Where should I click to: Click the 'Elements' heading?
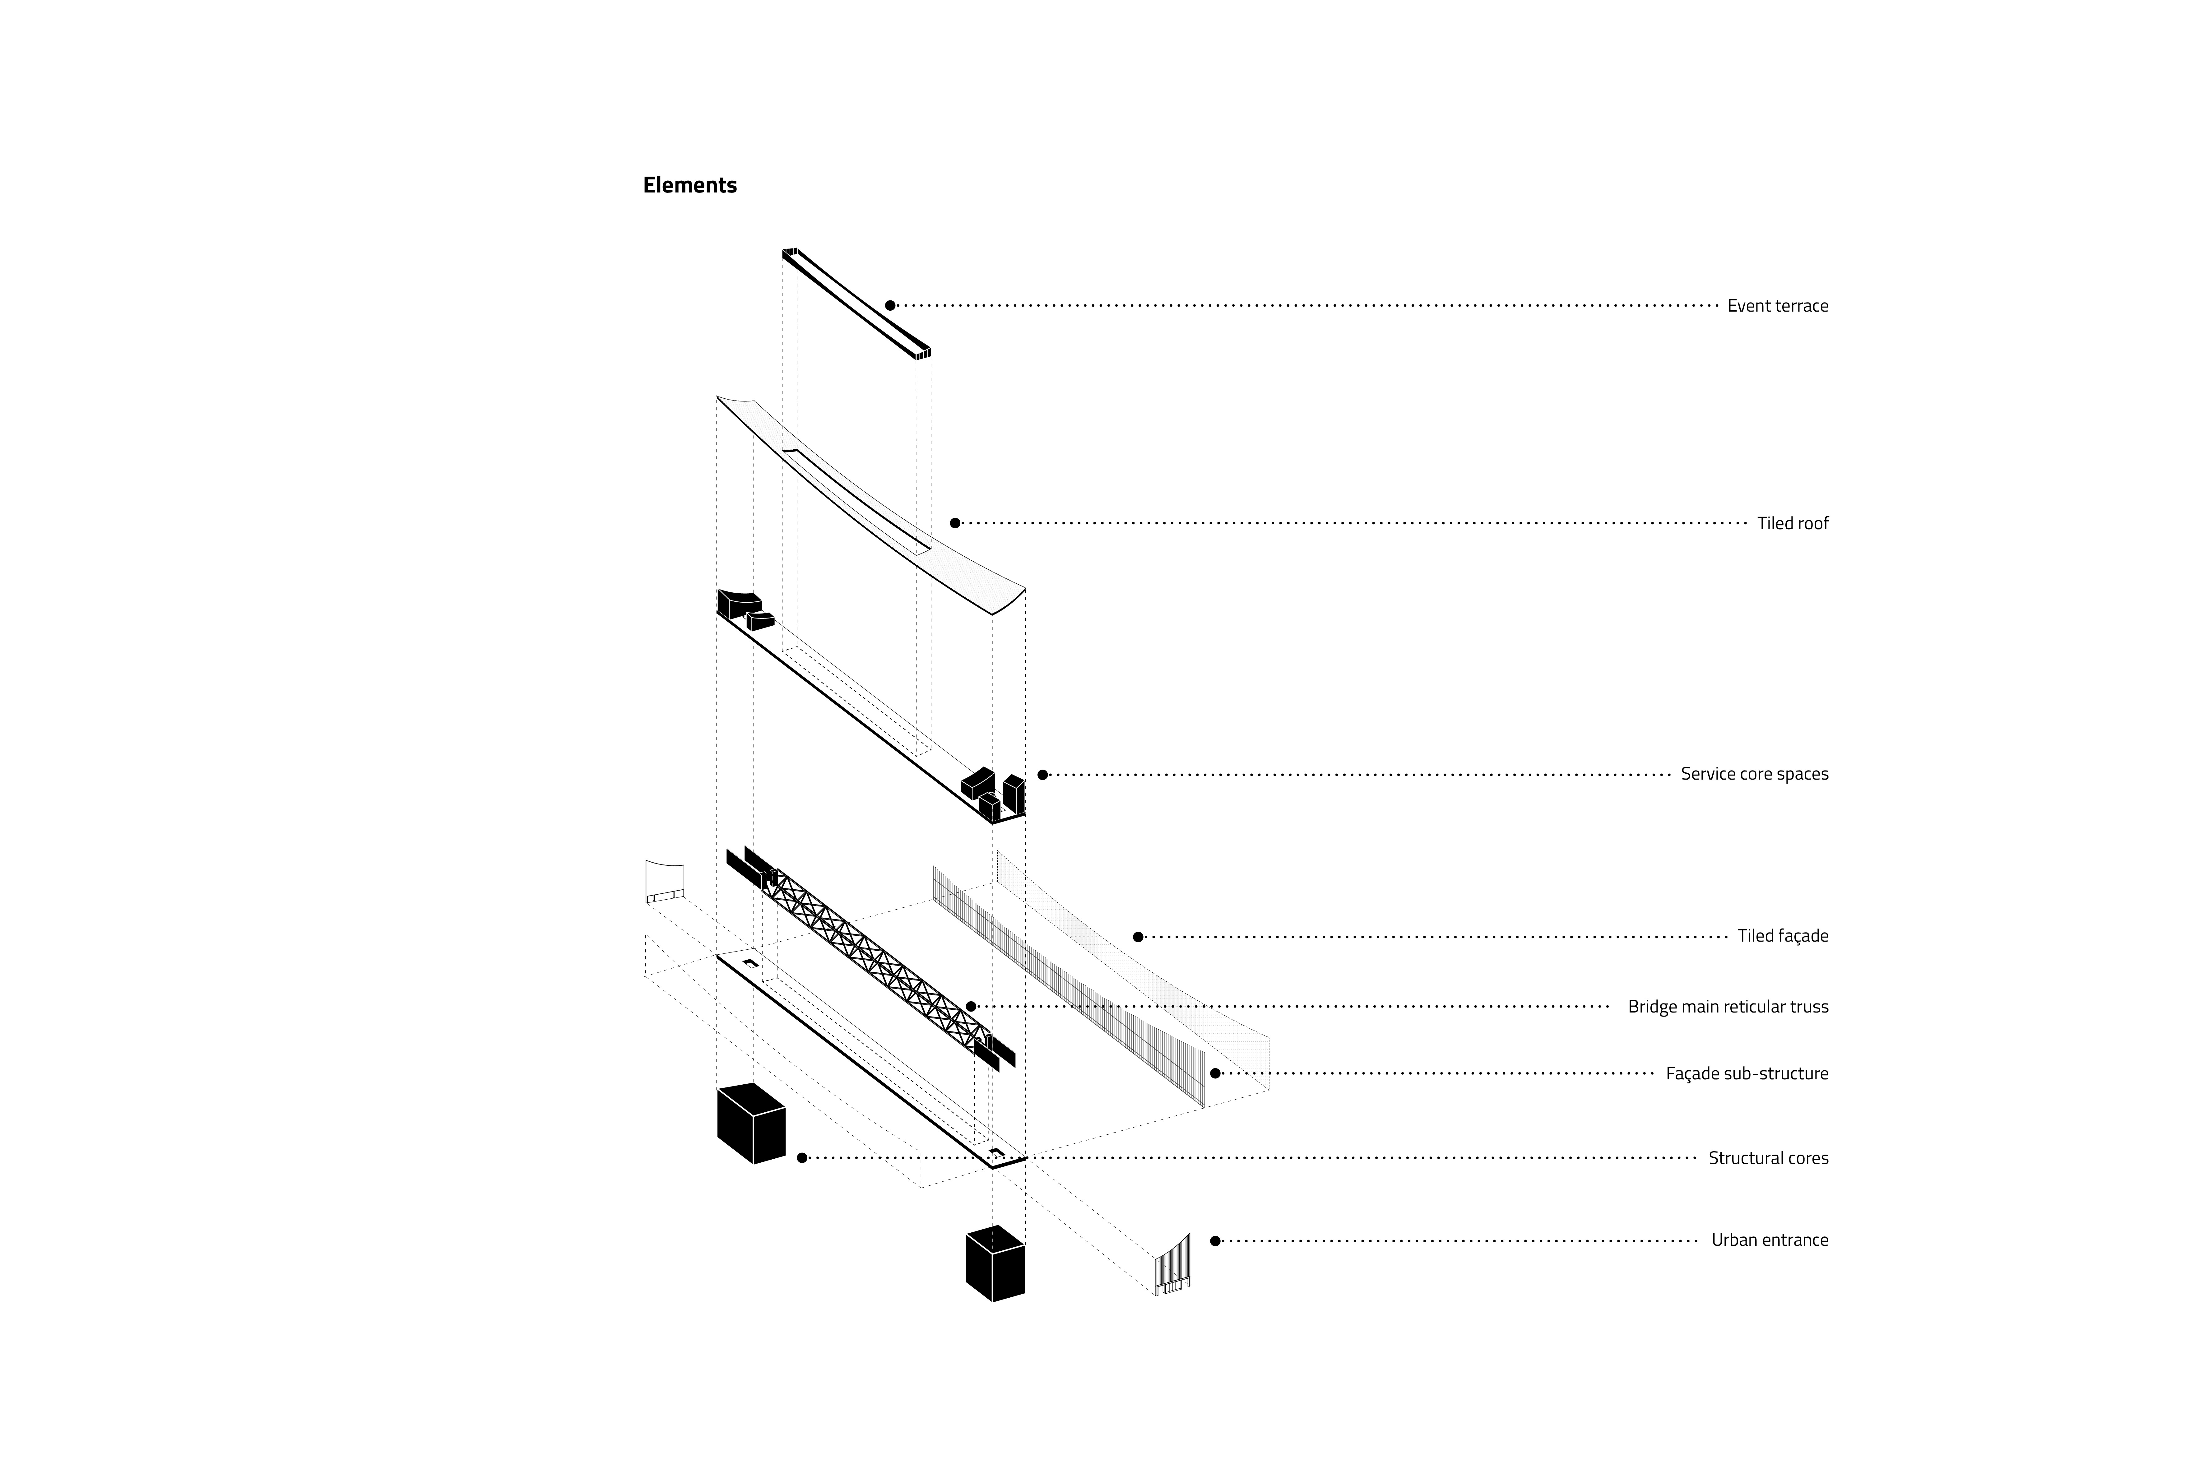point(689,186)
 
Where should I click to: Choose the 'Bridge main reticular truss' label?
point(1727,1007)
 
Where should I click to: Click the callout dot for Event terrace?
point(890,305)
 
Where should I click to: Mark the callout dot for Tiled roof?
point(954,523)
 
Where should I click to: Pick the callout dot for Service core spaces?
point(1042,775)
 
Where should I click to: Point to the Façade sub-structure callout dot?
point(1215,1074)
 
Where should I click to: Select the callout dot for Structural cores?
point(802,1158)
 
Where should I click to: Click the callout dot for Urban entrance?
point(1215,1241)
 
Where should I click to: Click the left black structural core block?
point(750,1123)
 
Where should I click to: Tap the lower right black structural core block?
point(995,1264)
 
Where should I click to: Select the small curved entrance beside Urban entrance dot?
point(1173,1266)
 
